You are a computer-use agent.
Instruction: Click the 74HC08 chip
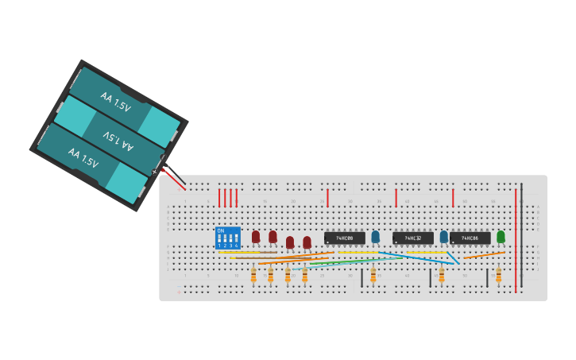click(344, 238)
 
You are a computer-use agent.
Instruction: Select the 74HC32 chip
click(412, 238)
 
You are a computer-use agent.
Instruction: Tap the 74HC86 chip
click(470, 238)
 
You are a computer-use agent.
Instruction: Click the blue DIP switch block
click(228, 238)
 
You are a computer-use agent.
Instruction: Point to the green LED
click(501, 236)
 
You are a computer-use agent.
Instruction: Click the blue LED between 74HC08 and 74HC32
click(375, 236)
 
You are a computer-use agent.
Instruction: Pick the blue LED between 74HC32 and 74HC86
click(443, 236)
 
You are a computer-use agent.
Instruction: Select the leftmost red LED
click(256, 236)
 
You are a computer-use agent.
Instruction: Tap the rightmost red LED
click(307, 242)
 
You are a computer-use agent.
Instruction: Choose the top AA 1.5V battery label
click(116, 102)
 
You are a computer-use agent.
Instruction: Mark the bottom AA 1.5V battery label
click(83, 157)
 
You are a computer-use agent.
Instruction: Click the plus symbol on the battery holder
click(155, 172)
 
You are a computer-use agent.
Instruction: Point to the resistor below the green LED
click(498, 275)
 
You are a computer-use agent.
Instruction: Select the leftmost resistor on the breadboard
click(253, 275)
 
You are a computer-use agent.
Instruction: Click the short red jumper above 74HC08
click(327, 197)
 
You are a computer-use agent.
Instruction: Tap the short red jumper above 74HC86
click(453, 197)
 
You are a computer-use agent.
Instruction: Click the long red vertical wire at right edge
click(516, 238)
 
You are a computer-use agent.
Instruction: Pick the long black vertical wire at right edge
click(522, 238)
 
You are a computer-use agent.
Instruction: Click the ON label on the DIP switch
click(219, 230)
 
